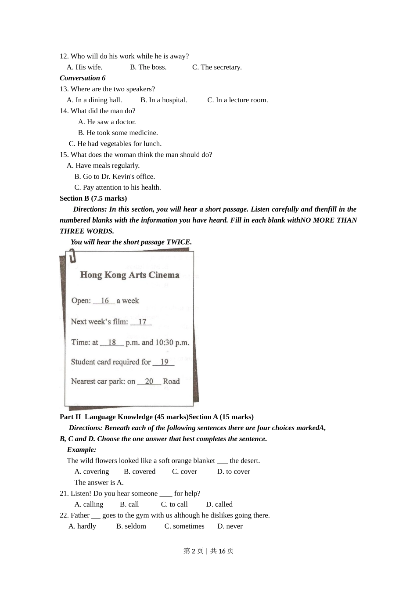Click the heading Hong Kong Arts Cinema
[129, 275]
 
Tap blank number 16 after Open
[104, 301]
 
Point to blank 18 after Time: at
[112, 342]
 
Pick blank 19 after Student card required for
[164, 362]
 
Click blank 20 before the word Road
[149, 381]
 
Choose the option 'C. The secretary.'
[217, 67]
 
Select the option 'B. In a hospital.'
[164, 100]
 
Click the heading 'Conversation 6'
[83, 78]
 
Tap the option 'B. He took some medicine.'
[118, 133]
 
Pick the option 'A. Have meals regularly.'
[103, 165]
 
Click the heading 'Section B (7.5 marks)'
[93, 198]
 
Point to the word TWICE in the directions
[179, 242]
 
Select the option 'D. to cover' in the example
[234, 471]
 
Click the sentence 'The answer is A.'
[99, 482]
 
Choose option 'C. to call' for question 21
[174, 504]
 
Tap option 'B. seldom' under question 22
[131, 526]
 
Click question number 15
[64, 155]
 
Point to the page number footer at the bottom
[208, 551]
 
